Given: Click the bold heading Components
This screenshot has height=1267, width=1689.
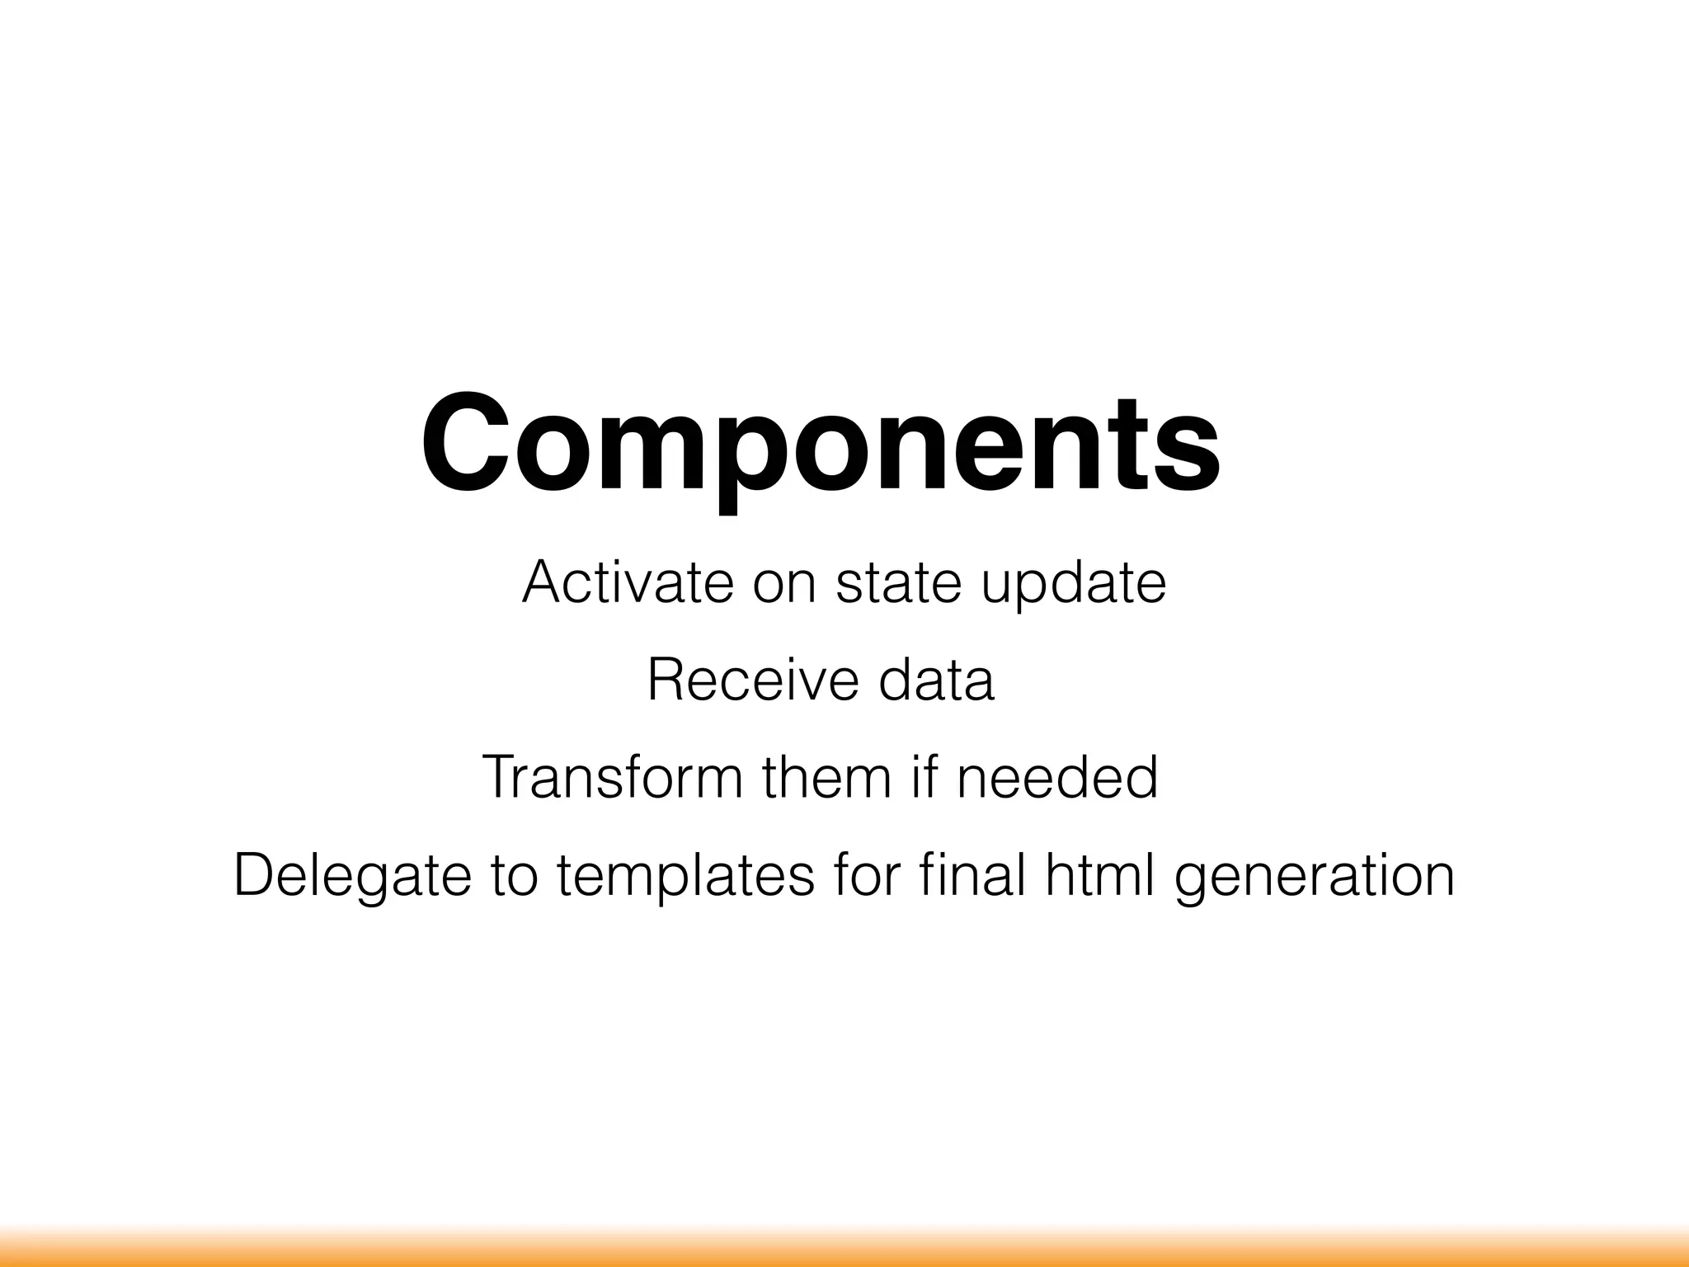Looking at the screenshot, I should [x=820, y=445].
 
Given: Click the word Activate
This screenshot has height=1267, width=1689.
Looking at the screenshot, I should [x=628, y=582].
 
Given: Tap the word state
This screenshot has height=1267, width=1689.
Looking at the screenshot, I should [x=898, y=582].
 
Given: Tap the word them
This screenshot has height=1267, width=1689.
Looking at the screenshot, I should [x=827, y=777].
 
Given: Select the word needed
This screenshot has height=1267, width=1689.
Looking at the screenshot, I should [x=1057, y=777].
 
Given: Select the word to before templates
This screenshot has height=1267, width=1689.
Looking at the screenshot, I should [x=514, y=876].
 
